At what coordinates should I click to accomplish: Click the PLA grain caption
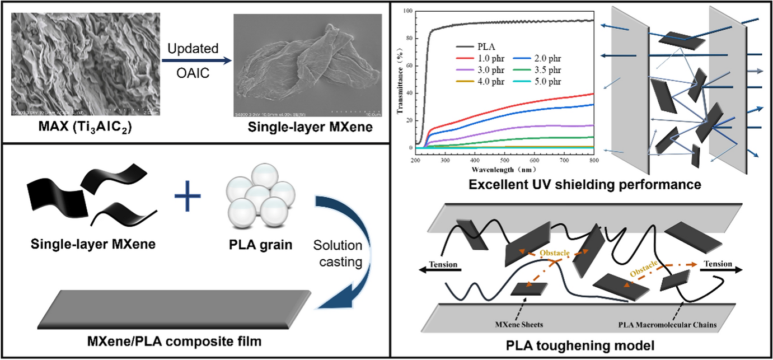pos(262,245)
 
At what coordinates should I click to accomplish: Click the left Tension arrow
pos(440,270)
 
